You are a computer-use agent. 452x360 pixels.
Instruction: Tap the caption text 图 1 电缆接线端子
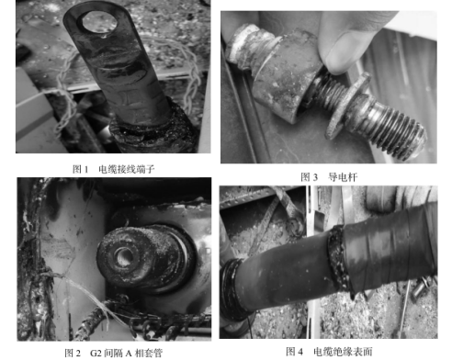click(x=114, y=169)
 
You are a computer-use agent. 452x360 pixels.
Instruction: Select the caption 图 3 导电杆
click(x=329, y=177)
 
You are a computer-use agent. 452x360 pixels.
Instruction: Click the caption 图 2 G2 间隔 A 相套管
click(x=113, y=353)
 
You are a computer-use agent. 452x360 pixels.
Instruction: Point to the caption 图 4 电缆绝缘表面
click(x=329, y=352)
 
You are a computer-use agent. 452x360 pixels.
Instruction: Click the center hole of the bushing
click(x=123, y=256)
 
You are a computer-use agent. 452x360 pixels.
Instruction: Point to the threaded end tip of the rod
click(x=420, y=141)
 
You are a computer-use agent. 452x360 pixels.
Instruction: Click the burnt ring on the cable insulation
click(x=338, y=257)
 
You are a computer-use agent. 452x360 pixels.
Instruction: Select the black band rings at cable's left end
click(x=231, y=289)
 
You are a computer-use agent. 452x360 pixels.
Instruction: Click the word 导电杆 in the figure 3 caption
click(x=343, y=177)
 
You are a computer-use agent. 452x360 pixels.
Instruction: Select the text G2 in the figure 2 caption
click(x=96, y=354)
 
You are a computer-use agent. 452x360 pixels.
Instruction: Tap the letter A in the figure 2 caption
click(x=129, y=354)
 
